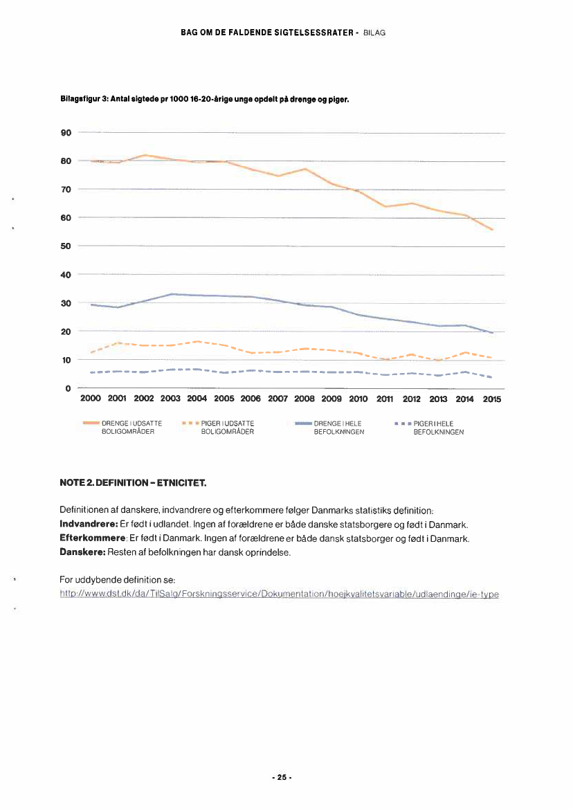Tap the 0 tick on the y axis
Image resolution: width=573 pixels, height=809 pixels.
pyautogui.click(x=69, y=388)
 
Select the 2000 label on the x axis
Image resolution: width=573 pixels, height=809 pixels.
pyautogui.click(x=91, y=399)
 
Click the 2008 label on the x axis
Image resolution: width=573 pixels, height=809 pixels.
pyautogui.click(x=304, y=399)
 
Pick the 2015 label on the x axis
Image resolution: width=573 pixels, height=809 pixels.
pyautogui.click(x=492, y=399)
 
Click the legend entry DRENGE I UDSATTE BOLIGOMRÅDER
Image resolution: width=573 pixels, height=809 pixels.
pyautogui.click(x=131, y=427)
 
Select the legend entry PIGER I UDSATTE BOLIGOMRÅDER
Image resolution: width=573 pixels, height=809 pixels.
pyautogui.click(x=228, y=427)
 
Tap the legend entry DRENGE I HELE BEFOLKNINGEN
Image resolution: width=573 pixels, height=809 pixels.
pyautogui.click(x=336, y=427)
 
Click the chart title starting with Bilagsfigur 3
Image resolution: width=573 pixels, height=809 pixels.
pyautogui.click(x=205, y=100)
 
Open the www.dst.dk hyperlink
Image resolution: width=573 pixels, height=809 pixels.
pyautogui.click(x=280, y=594)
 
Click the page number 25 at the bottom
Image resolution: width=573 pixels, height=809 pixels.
pyautogui.click(x=282, y=776)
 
